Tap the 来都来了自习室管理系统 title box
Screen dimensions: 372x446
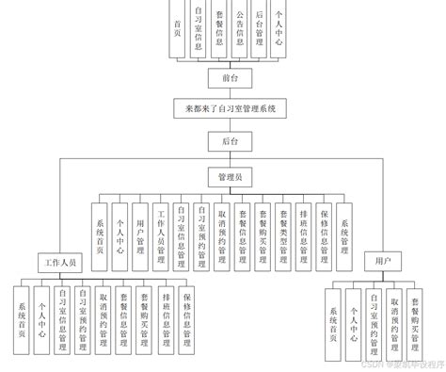(x=230, y=109)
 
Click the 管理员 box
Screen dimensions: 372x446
(x=230, y=176)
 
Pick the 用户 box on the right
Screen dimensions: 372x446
(x=382, y=259)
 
